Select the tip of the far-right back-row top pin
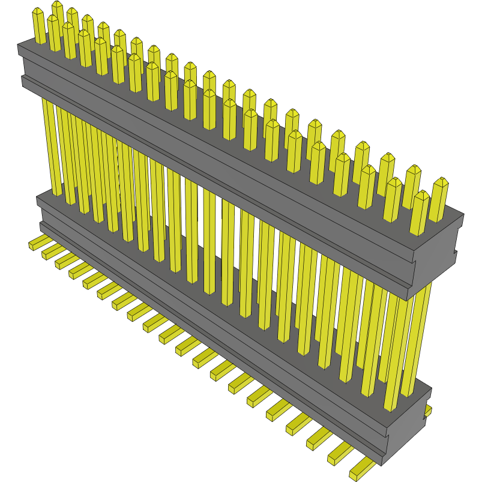click(441, 181)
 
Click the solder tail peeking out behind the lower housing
click(428, 411)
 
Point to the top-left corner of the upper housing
click(19, 46)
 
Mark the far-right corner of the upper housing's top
click(463, 214)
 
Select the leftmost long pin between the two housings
click(50, 147)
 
